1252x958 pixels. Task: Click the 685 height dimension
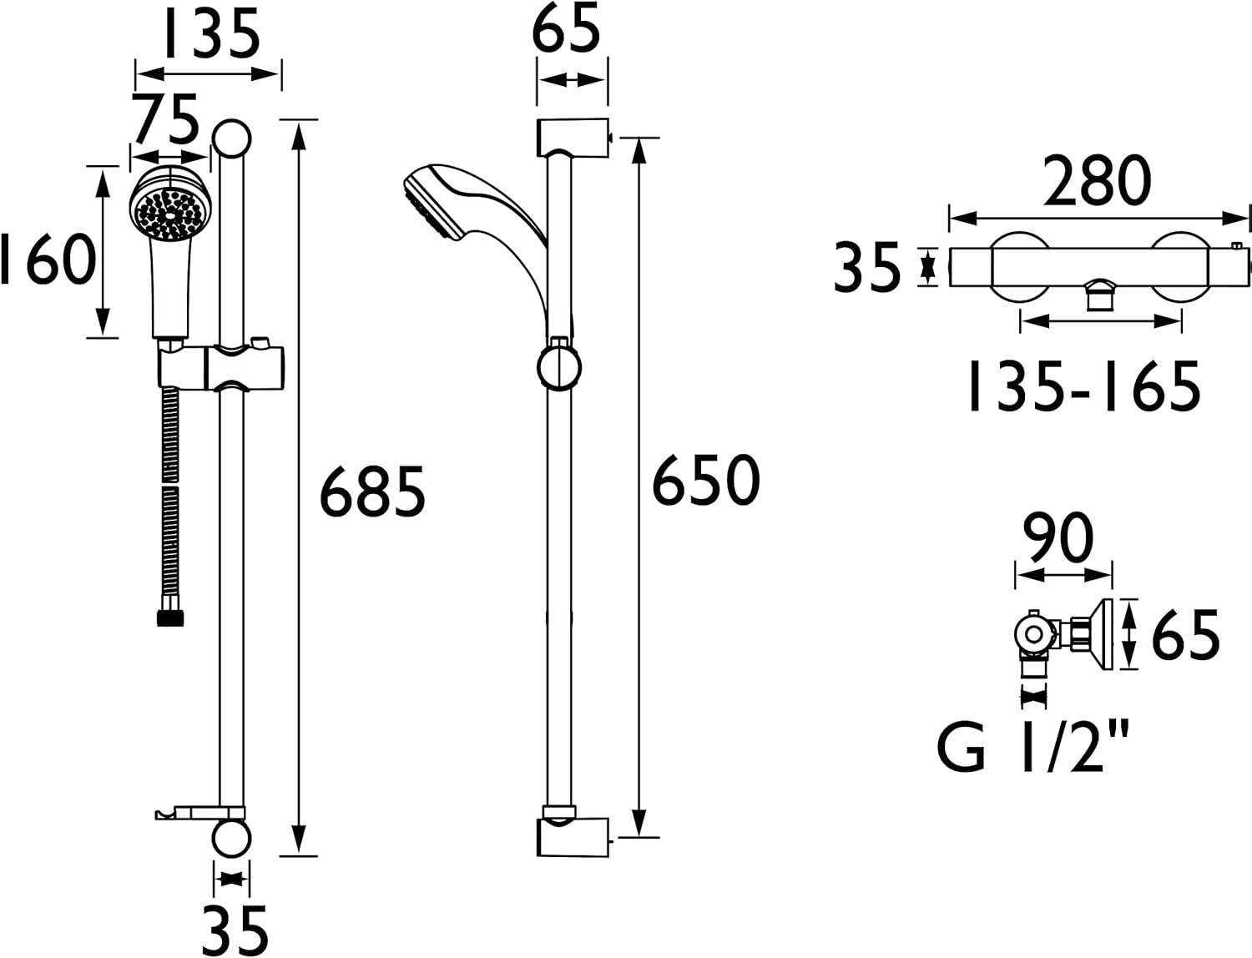(x=372, y=492)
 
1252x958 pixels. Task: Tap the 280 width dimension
(x=1098, y=180)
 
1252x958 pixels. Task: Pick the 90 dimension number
(x=1058, y=538)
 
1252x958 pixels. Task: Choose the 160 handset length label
(x=48, y=260)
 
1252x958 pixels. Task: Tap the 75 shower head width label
(x=165, y=119)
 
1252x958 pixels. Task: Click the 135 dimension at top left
(x=212, y=33)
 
